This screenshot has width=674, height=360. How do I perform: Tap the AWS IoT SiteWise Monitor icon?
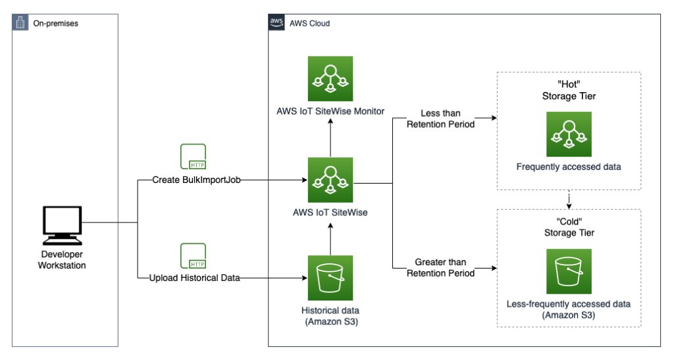(x=330, y=78)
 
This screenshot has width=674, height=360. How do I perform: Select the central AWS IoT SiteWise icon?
(x=330, y=179)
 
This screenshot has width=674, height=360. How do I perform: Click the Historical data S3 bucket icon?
(x=330, y=278)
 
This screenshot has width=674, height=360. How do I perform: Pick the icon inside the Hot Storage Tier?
(x=569, y=134)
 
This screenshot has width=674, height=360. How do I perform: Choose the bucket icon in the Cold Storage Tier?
(x=569, y=271)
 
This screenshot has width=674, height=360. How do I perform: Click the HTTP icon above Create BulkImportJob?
(x=193, y=157)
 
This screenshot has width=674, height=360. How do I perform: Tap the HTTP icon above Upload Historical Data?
(x=193, y=255)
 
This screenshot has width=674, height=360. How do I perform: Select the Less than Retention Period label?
(x=440, y=119)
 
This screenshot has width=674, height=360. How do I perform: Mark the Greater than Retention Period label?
(x=440, y=268)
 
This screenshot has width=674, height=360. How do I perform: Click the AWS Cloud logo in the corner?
(x=277, y=22)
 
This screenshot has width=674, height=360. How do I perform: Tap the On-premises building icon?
(x=21, y=23)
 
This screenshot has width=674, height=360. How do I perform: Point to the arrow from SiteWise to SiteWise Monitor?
(x=330, y=139)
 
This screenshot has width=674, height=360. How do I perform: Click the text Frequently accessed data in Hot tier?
(x=569, y=167)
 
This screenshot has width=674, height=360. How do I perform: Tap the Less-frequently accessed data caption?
(x=569, y=304)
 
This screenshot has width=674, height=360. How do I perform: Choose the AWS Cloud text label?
(x=309, y=23)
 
